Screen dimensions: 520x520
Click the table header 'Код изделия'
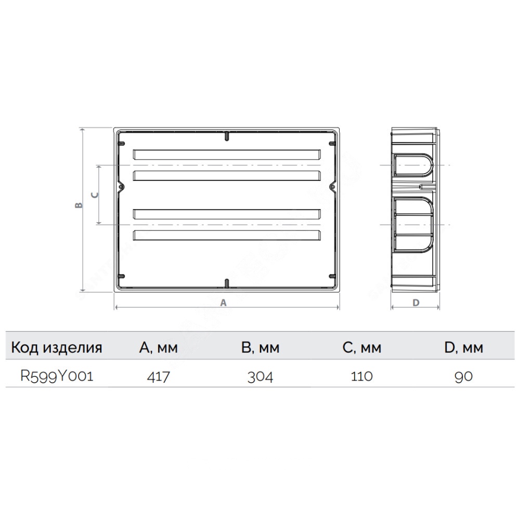tap(57, 347)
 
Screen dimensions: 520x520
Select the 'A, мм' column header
tap(159, 347)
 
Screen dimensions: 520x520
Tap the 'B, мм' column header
tap(261, 347)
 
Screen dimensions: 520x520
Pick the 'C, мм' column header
tap(362, 347)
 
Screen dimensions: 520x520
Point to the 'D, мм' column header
tap(464, 347)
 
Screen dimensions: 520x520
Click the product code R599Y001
tap(57, 376)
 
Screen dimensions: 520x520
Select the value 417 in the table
tap(159, 376)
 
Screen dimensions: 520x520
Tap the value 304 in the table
tap(261, 376)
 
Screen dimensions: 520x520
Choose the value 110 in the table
tap(362, 376)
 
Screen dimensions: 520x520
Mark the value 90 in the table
tap(464, 376)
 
